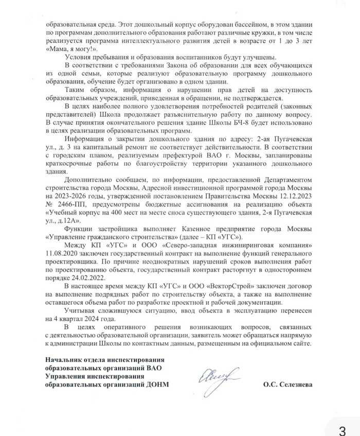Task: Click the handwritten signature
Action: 216,380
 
